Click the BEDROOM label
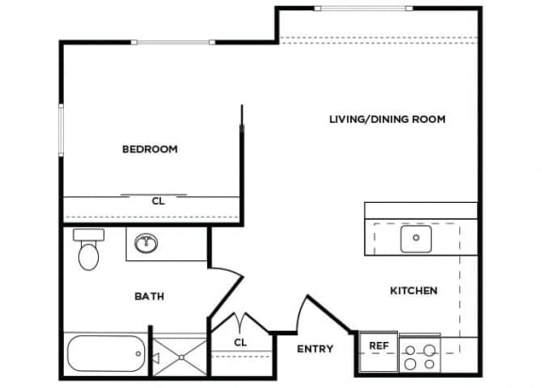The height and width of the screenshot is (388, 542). (x=150, y=149)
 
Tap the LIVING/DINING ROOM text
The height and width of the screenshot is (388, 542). (x=387, y=119)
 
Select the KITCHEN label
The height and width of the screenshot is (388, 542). (x=414, y=291)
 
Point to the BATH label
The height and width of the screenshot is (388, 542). (x=150, y=296)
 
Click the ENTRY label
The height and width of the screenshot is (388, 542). (x=314, y=349)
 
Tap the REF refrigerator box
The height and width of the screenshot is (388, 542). (x=378, y=346)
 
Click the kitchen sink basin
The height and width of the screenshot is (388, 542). (x=415, y=240)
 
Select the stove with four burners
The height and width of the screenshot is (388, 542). (x=420, y=357)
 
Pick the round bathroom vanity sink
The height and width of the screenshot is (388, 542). (x=147, y=245)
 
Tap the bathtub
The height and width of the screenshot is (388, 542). (x=104, y=355)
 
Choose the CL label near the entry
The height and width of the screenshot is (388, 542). (x=240, y=342)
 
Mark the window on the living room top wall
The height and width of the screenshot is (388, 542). (x=362, y=8)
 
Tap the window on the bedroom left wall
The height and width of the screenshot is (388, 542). (x=61, y=132)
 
